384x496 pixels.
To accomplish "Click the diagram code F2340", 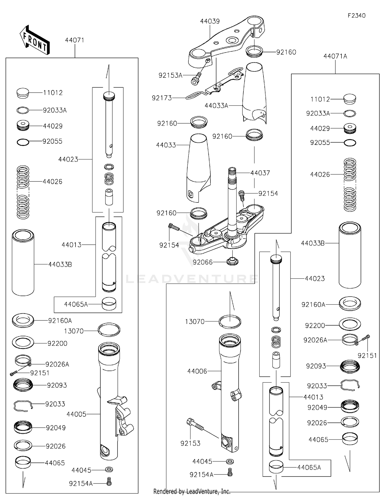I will click(356, 16).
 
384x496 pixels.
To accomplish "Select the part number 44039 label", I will click(210, 21).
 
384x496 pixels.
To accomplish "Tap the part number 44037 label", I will click(260, 173).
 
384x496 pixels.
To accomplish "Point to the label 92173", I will click(162, 98).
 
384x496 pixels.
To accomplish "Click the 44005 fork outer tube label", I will click(76, 414).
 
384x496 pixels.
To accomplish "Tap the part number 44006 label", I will click(197, 371).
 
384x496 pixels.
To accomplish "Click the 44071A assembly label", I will click(335, 56).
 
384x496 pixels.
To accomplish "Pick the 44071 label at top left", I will click(74, 40).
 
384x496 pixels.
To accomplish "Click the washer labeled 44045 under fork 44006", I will click(230, 461).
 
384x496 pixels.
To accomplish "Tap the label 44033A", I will click(216, 106).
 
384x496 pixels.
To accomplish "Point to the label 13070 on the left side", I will click(74, 331).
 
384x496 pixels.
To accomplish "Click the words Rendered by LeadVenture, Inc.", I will click(192, 491).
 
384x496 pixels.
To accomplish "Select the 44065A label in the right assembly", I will click(309, 468).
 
